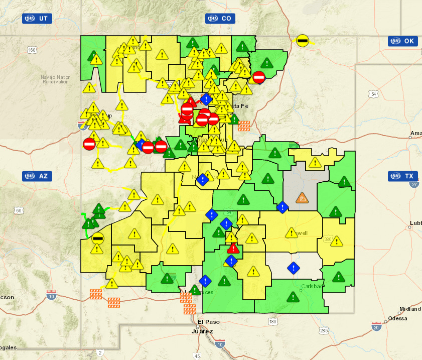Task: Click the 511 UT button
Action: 37,19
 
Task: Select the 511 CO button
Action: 220,19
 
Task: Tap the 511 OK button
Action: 403,41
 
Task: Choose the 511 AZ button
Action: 37,176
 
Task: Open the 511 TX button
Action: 403,176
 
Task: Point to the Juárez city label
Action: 203,331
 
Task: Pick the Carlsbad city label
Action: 312,287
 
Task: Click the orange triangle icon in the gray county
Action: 303,198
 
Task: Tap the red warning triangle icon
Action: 233,248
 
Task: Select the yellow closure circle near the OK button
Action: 302,40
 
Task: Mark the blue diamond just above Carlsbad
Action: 294,268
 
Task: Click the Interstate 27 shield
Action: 415,184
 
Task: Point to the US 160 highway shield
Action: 33,50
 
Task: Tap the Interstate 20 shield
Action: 376,327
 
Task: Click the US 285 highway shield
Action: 324,330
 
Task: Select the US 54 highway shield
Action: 372,94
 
